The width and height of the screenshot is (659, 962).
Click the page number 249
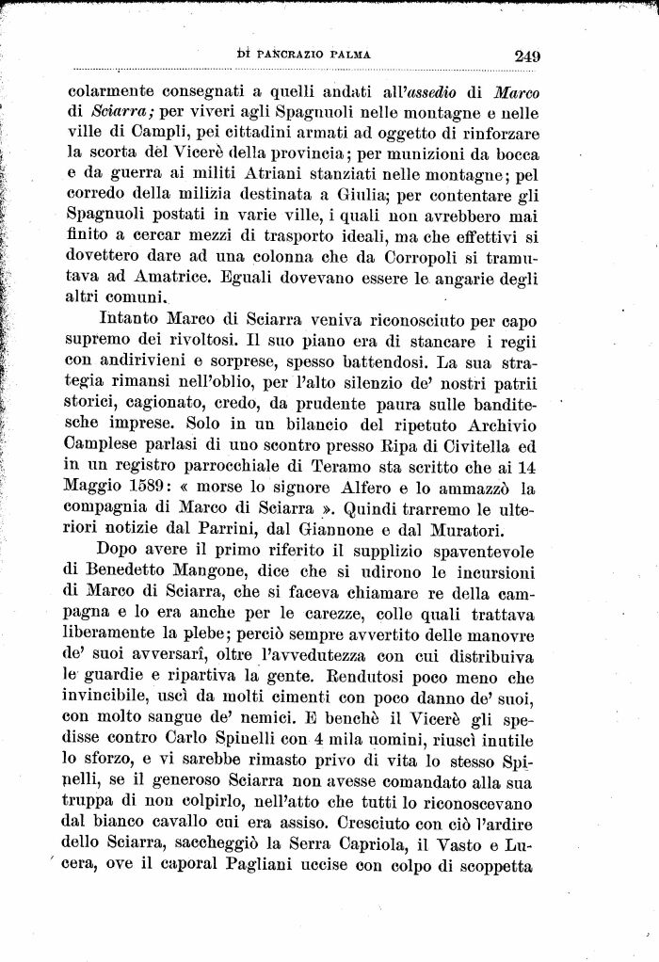(526, 55)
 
